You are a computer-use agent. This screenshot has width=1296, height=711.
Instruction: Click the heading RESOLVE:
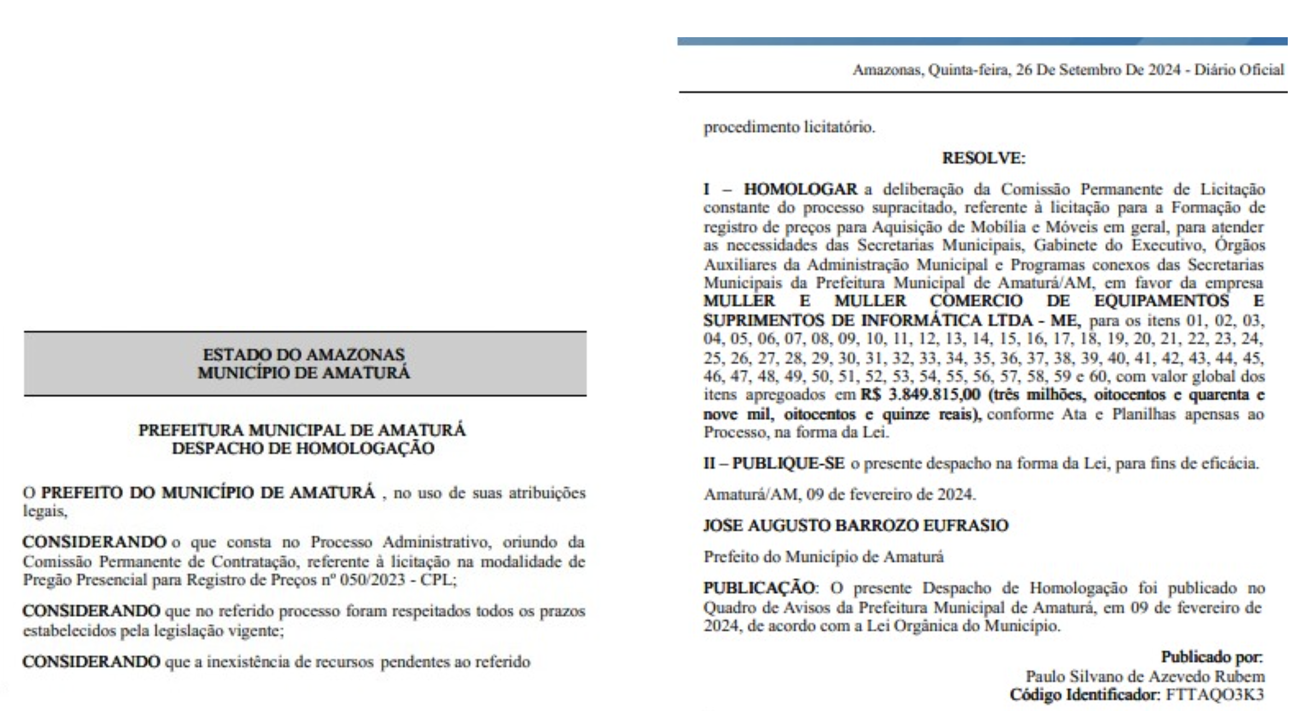[983, 159]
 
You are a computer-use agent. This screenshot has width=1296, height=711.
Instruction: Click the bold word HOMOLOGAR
[800, 189]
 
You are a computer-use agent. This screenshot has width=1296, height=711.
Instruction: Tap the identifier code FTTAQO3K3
[1215, 695]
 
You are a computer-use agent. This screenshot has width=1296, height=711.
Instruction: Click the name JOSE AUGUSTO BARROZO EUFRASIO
[856, 526]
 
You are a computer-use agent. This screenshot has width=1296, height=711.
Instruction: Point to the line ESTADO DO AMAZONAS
[304, 354]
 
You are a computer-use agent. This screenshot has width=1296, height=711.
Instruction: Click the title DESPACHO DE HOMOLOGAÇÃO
[303, 448]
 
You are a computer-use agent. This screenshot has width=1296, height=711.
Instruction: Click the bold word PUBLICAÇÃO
[758, 588]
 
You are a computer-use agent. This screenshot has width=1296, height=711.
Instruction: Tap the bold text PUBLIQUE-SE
[788, 464]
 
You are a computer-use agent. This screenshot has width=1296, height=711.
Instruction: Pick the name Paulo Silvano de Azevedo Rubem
[1145, 677]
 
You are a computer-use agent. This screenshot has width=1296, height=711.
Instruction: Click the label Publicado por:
[1212, 657]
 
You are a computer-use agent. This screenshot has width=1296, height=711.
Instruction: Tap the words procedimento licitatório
[789, 127]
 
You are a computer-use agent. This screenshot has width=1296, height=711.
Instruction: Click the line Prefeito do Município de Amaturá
[824, 557]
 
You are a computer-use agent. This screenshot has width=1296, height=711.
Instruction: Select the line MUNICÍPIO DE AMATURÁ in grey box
[304, 373]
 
